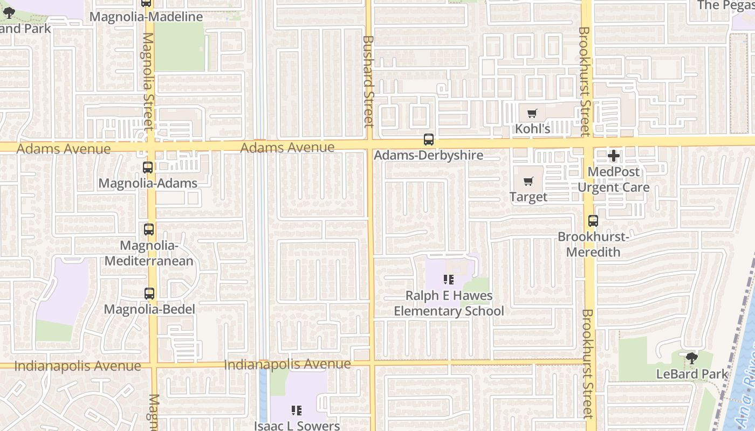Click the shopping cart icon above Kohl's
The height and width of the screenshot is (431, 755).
532,113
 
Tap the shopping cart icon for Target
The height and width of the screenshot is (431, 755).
528,181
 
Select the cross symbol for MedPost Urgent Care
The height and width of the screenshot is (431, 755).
613,156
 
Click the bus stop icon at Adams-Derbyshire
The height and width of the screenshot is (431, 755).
429,140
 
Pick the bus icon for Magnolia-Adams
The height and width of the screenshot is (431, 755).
148,168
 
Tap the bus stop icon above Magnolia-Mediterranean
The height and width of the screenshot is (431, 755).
149,230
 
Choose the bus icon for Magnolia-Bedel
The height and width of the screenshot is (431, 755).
149,294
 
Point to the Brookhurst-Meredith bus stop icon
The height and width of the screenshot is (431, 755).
593,221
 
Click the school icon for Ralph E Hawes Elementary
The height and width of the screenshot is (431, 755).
448,280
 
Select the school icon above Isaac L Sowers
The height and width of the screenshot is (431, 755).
296,411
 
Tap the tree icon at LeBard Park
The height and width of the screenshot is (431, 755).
691,358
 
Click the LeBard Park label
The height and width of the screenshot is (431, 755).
692,373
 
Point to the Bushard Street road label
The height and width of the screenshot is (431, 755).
368,81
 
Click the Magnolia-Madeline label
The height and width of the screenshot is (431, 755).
146,17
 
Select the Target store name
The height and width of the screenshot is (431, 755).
528,197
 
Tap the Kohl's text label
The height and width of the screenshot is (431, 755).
532,129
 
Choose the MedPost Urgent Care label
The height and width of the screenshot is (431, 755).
614,179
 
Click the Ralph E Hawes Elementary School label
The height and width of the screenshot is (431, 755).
449,303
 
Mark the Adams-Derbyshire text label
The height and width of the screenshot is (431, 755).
429,155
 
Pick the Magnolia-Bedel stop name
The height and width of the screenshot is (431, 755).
149,309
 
